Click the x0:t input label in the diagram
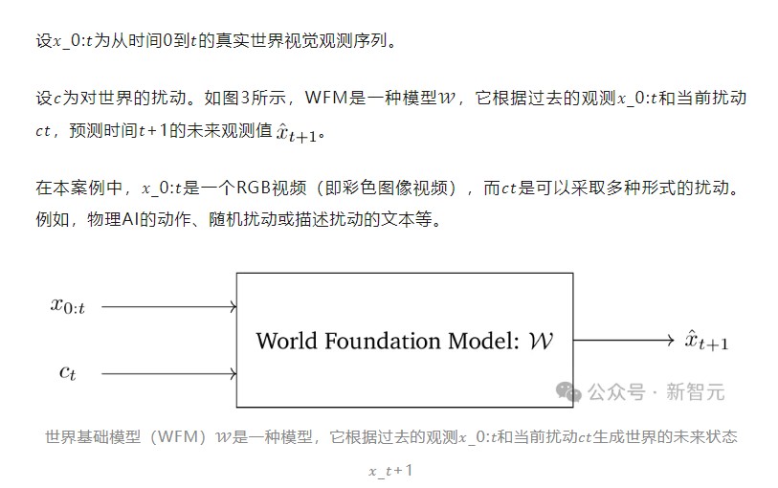point(68,306)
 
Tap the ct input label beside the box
point(68,372)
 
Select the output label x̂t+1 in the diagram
point(706,341)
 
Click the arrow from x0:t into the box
point(168,307)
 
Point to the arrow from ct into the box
point(168,373)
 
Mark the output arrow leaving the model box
point(623,341)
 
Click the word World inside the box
point(286,341)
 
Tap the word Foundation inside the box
point(382,341)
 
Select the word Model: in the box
point(483,341)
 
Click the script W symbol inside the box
point(541,341)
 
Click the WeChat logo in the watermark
point(568,391)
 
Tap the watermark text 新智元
point(695,391)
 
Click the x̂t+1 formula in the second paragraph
point(297,132)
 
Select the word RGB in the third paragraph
point(254,188)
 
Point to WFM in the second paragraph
point(326,98)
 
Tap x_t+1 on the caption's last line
point(390,470)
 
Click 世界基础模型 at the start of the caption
point(93,437)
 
